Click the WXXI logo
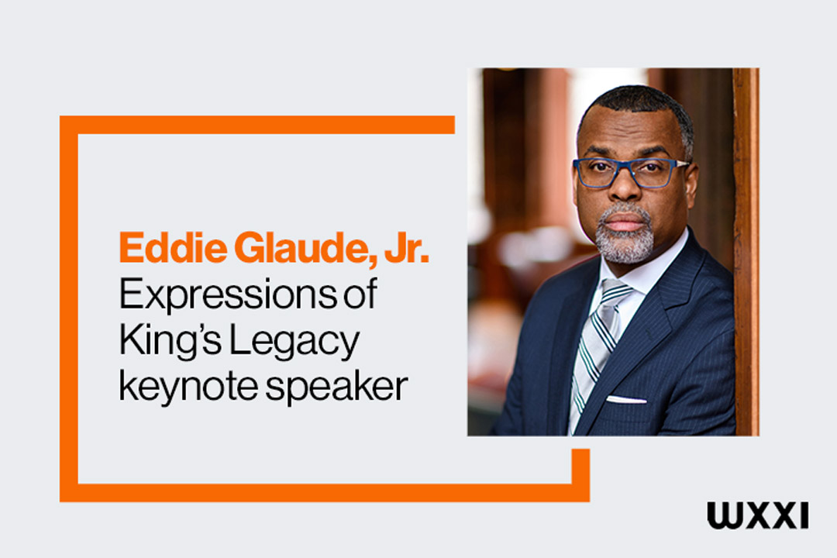coord(757,515)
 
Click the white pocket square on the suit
coord(626,400)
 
